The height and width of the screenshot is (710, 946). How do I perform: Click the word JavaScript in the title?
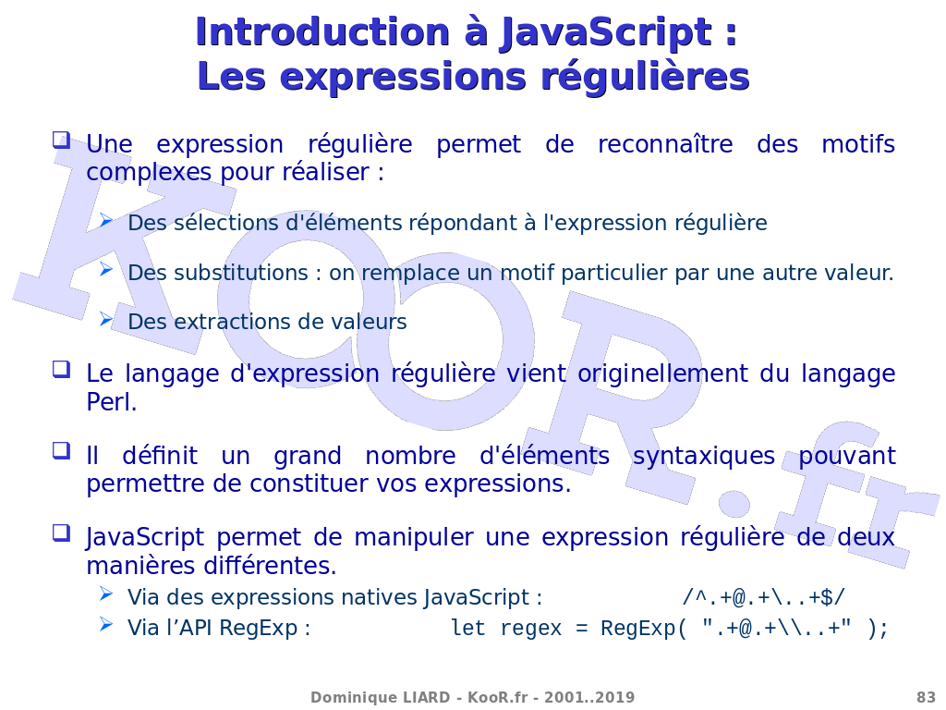[x=606, y=32]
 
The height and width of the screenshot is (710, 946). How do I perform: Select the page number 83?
[x=926, y=697]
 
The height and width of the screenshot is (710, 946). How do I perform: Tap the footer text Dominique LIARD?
[x=380, y=697]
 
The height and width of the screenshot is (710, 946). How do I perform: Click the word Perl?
[x=112, y=402]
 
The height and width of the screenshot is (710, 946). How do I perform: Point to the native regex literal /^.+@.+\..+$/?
[x=763, y=598]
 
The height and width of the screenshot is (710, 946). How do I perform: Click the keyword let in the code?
[x=468, y=628]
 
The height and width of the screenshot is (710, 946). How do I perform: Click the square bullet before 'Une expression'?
[x=62, y=141]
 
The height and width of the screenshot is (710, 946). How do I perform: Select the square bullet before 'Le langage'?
[x=62, y=369]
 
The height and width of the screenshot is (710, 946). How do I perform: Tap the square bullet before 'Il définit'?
[x=62, y=450]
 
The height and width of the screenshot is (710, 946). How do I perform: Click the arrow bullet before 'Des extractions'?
[x=106, y=318]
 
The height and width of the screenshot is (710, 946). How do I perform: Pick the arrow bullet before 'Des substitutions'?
[x=106, y=269]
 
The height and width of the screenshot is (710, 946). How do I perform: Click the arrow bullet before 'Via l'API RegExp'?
[x=106, y=624]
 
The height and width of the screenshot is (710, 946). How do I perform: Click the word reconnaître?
[x=665, y=145]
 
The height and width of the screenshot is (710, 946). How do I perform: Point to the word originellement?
[x=662, y=374]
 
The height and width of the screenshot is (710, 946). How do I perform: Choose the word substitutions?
[x=241, y=273]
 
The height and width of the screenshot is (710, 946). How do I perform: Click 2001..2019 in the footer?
[x=589, y=697]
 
